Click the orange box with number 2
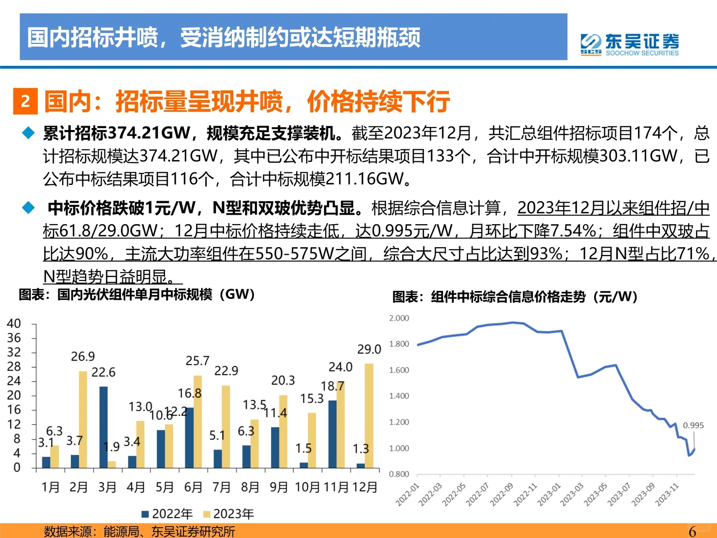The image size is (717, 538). tap(25, 101)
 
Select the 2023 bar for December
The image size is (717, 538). tap(369, 415)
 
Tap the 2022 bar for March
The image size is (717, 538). tap(104, 427)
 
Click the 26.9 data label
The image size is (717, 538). tap(83, 357)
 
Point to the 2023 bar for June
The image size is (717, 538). tap(198, 421)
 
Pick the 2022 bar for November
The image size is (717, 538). tap(332, 434)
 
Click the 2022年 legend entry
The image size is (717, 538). tap(167, 514)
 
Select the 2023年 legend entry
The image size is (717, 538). tap(229, 514)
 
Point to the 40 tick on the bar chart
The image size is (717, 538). tap(14, 324)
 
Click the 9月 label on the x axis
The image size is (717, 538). tap(279, 487)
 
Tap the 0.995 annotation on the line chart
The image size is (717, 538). tap(693, 425)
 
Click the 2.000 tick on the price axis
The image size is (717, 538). tap(399, 318)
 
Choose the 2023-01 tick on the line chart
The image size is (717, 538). tap(549, 494)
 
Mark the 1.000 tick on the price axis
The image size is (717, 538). tap(399, 448)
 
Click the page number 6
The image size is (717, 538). tap(693, 532)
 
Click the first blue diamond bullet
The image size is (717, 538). tap(28, 133)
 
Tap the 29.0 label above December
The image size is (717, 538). tap(369, 349)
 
